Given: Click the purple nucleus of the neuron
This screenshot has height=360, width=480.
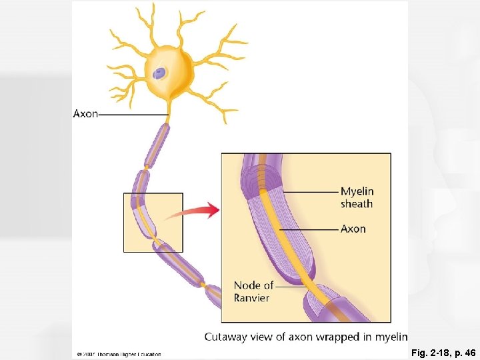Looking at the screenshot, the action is tap(159, 73).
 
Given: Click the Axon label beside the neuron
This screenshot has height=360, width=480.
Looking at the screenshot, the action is tap(85, 114).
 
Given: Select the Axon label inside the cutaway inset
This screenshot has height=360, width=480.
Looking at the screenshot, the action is tap(353, 229).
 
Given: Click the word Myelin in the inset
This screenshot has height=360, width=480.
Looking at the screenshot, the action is tap(357, 191).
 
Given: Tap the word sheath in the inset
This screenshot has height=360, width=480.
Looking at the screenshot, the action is tap(356, 204).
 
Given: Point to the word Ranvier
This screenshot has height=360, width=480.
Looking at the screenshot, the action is tap(251, 298).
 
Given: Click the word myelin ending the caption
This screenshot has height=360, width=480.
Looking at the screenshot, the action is tap(389, 337).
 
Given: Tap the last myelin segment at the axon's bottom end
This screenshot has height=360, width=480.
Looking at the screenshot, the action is tap(213, 294).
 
